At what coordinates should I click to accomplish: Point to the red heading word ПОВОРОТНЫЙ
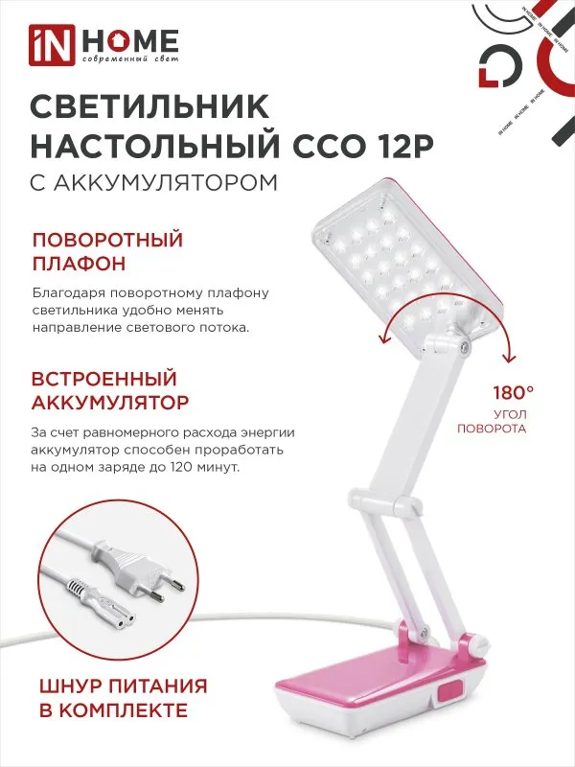coord(107,239)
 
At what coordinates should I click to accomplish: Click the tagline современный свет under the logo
coord(126,60)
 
